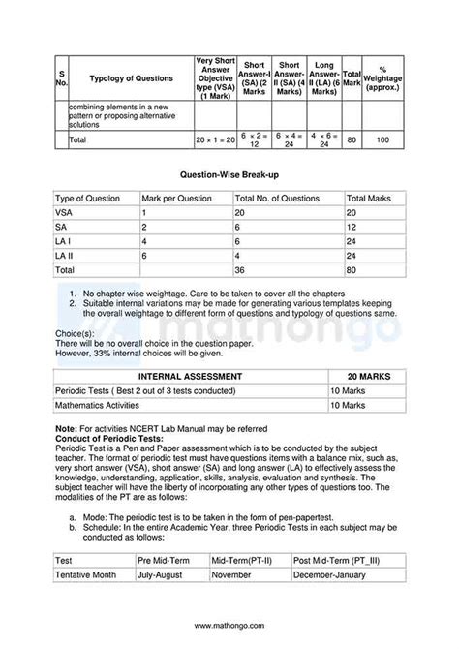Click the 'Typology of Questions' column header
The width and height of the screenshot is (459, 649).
tap(132, 78)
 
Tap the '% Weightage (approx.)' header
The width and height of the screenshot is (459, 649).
tap(382, 78)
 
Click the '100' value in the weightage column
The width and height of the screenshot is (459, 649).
tap(382, 140)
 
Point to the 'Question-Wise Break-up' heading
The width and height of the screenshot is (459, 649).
tap(229, 176)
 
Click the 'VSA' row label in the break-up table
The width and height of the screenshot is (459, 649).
tap(64, 212)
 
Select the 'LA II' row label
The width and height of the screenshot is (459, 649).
tap(66, 256)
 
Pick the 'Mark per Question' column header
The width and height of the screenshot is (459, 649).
tap(176, 198)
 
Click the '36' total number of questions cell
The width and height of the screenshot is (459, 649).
tap(239, 270)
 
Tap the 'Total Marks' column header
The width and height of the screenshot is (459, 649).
tap(369, 198)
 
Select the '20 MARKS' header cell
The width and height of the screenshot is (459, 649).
tap(366, 376)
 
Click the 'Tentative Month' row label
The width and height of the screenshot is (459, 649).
tap(86, 574)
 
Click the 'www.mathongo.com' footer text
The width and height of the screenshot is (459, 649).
tap(229, 625)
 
